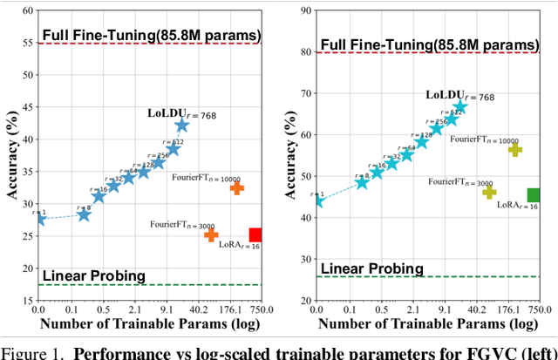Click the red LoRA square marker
coord(255,234)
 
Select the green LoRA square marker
coord(534,195)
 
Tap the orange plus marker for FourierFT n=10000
coord(236,187)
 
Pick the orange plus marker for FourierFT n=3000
coord(210,234)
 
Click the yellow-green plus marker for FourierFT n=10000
coord(514,150)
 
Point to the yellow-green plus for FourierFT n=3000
coord(488,192)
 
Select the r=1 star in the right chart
coord(317,201)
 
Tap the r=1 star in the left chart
coord(40,219)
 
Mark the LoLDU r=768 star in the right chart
coord(460,107)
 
